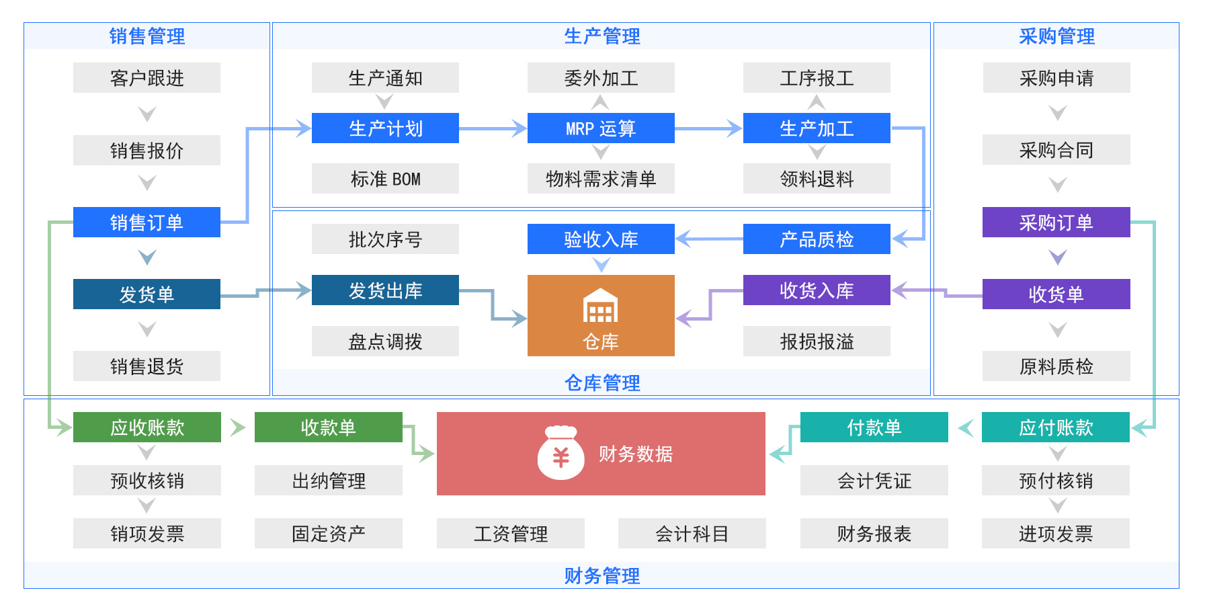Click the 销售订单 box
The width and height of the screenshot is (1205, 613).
pos(147,222)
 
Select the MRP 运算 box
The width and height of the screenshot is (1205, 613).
pos(601,128)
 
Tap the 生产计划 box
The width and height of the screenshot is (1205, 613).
pos(385,128)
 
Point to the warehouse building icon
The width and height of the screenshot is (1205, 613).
pos(600,306)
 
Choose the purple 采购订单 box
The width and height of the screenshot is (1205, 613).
pos(1056,222)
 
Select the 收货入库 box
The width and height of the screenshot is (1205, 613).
pos(817,290)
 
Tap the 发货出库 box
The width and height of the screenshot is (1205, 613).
pos(385,290)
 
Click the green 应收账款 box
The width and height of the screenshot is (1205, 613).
pos(147,427)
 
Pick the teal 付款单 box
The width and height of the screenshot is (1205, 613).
pos(874,427)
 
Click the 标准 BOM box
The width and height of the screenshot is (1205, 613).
pos(385,179)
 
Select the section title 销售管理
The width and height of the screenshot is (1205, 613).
pos(147,36)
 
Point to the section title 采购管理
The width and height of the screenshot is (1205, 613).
pos(1056,36)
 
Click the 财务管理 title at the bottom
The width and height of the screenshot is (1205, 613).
pos(601,575)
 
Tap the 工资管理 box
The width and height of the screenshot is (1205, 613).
pos(510,534)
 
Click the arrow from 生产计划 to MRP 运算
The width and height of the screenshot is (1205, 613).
pos(493,128)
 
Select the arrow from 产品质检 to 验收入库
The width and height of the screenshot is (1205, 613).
pos(709,239)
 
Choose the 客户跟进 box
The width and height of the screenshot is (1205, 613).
pos(147,78)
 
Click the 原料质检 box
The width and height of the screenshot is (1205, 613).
pos(1056,366)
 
